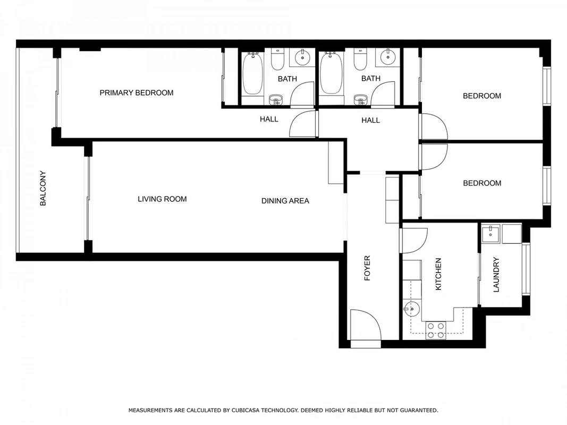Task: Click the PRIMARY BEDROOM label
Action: pos(137,93)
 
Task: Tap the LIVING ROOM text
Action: pos(162,199)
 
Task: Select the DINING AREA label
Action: pos(285,201)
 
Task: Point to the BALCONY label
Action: pos(43,188)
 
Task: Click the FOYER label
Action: pos(367,268)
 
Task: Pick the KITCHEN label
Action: pos(438,274)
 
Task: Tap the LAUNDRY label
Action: pos(496,275)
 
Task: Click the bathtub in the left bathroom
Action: pos(252,74)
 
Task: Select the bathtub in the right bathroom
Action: pos(331,74)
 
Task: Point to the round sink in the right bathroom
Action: pos(387,57)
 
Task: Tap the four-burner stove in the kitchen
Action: pos(435,330)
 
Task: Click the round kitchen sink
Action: pos(411,309)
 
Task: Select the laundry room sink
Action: pos(490,233)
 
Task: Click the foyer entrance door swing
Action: pos(366,325)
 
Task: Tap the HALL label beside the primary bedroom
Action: pos(269,119)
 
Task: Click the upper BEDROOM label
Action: pos(482,96)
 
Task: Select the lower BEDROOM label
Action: pos(482,183)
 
